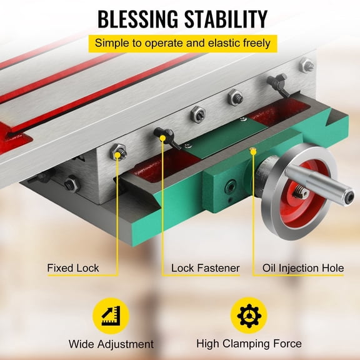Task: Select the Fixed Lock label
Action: [72, 268]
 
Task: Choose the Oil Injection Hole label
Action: [302, 268]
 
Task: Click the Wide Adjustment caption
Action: [111, 344]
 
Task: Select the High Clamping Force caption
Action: [249, 344]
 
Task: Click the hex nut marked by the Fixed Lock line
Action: [117, 151]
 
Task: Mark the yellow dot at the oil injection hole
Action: [252, 149]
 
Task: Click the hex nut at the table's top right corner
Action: [306, 64]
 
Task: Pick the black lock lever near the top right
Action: [275, 82]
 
